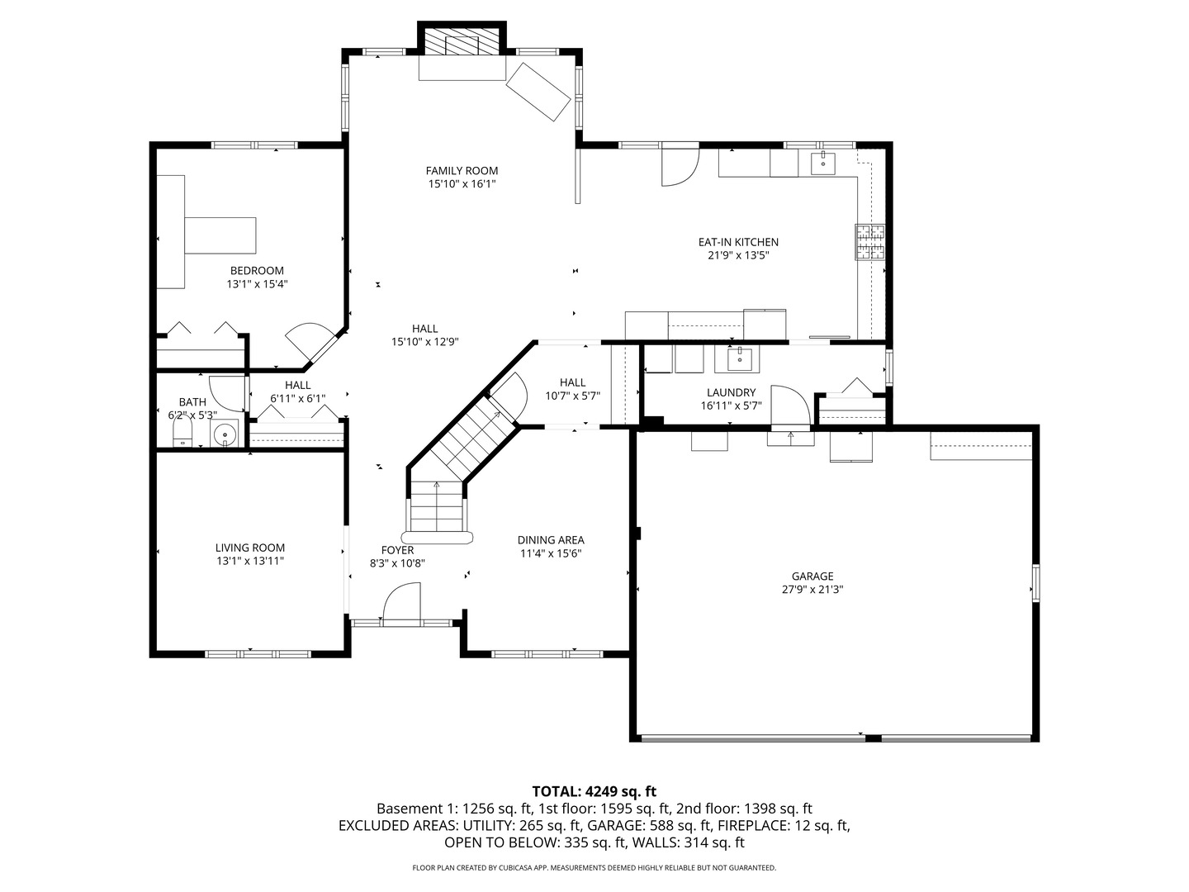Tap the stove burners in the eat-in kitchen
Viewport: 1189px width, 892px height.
[870, 241]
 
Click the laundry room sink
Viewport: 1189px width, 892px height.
[739, 359]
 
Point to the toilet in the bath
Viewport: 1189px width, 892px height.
[182, 435]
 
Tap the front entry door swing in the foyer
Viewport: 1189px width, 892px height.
[402, 601]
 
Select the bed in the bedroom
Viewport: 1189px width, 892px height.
[220, 235]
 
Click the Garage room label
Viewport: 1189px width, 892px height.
[812, 576]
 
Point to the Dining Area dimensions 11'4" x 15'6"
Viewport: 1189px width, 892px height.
[551, 553]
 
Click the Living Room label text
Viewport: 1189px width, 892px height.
[249, 548]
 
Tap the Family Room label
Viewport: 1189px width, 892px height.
[462, 171]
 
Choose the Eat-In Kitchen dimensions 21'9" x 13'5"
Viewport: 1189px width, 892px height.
[738, 255]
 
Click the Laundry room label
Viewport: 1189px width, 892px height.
[732, 392]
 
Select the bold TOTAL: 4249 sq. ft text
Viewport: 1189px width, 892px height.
[594, 791]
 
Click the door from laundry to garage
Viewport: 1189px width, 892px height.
[790, 406]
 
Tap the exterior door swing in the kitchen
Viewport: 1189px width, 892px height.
[680, 167]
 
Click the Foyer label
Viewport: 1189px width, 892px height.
[397, 550]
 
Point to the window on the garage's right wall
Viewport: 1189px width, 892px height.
[1035, 583]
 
